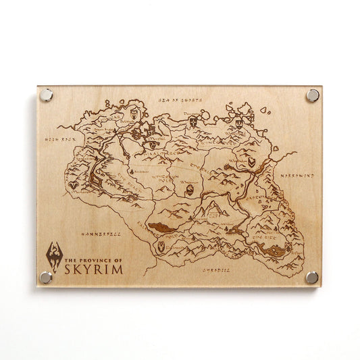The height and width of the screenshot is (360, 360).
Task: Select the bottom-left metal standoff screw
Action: (46, 277)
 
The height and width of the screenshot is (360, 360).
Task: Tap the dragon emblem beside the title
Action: (54, 255)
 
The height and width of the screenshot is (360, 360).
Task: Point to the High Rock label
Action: (59, 139)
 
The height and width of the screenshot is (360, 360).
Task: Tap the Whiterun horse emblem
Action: (190, 191)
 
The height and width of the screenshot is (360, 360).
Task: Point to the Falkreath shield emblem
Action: (161, 248)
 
